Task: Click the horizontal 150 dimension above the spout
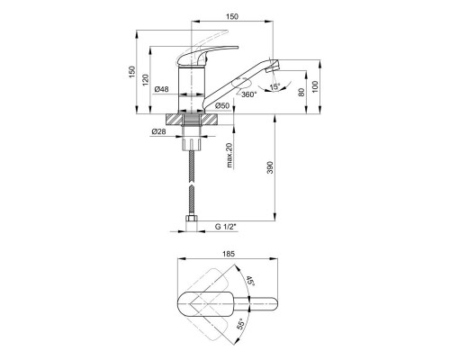[x=232, y=16]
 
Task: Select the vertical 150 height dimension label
[x=132, y=72]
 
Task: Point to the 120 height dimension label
[x=146, y=80]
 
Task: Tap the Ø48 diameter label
[x=161, y=89]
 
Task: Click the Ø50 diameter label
[x=222, y=105]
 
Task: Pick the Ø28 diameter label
[x=158, y=131]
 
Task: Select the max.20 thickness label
[x=229, y=155]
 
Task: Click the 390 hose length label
[x=270, y=167]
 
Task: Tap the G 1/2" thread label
[x=226, y=227]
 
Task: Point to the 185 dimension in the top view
[x=229, y=254]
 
